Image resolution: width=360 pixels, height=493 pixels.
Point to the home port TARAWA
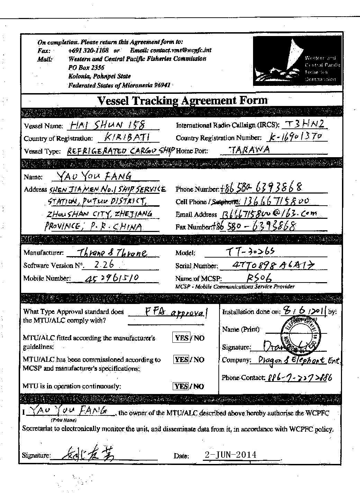pos(250,150)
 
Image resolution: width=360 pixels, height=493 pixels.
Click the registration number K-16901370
pos(296,137)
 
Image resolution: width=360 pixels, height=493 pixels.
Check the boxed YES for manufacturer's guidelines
pos(181,338)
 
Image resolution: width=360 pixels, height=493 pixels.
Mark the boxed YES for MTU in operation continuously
pos(181,386)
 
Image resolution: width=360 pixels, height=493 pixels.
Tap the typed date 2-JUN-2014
pos(231,455)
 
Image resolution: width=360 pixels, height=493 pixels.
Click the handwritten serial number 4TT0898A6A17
pos(268,265)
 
